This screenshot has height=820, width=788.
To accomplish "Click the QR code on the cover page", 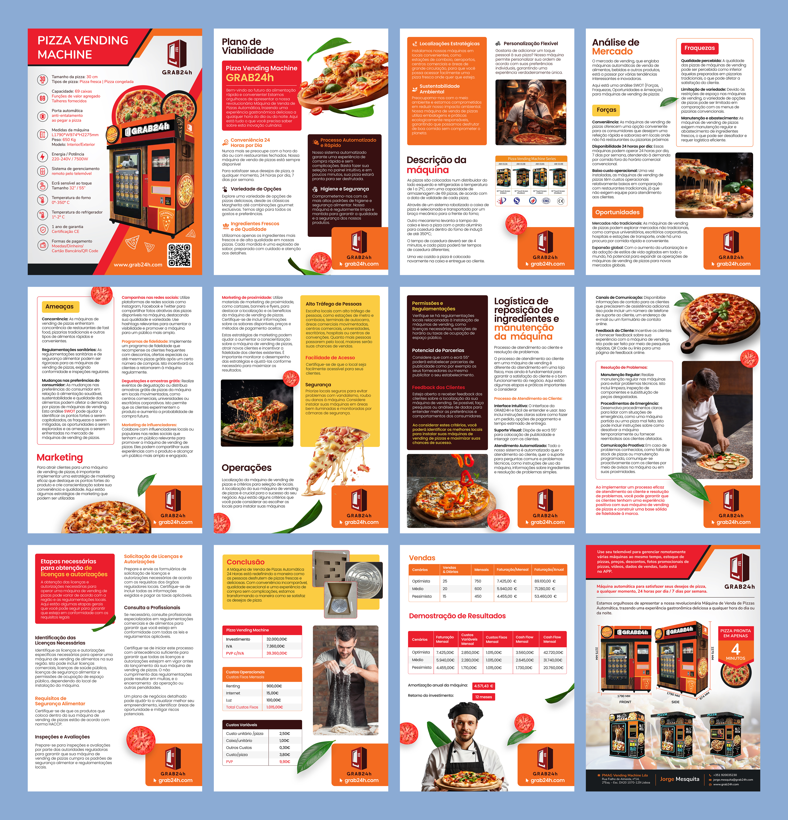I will coord(180,255).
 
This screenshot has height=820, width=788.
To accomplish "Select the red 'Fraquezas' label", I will coord(699,48).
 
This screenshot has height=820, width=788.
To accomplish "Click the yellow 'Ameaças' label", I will coord(59,307).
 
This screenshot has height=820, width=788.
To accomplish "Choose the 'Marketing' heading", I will coord(60,457).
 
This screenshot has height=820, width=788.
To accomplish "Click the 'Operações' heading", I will coord(247,468).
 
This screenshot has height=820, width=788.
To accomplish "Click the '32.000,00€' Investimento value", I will coord(277,639).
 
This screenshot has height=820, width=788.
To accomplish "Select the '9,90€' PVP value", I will coord(285,762).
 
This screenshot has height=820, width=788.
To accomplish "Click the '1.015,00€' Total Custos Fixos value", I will coord(275,707).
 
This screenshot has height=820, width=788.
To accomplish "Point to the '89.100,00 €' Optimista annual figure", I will coord(545,581).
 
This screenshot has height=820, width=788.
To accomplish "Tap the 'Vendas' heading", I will coord(422,558).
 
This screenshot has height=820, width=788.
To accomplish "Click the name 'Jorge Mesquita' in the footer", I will coord(680,779).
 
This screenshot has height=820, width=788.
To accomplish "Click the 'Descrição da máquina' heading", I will coord(436,165).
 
